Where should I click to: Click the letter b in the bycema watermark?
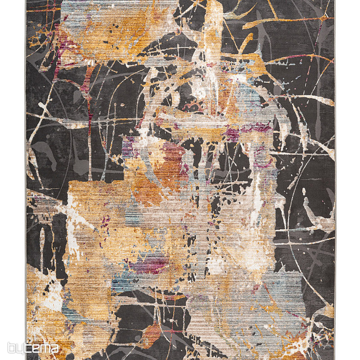[11, 348]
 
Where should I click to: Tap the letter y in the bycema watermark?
[20, 349]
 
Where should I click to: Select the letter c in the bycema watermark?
[27, 349]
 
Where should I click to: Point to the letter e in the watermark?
[35, 349]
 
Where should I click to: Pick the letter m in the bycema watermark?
[44, 349]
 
